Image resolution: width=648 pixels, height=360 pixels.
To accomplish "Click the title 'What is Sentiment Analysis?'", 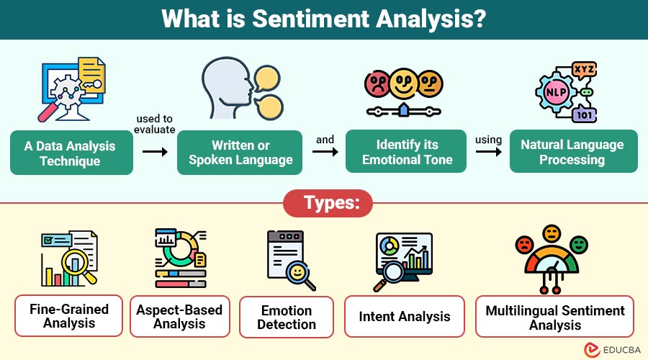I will (324, 19).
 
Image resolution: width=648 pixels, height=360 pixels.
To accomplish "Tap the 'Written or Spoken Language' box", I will (240, 153).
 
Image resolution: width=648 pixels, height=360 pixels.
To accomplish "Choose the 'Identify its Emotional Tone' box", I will (407, 153).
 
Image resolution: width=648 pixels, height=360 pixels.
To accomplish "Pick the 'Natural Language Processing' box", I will (573, 152).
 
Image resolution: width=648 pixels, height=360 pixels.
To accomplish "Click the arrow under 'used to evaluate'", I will (155, 153).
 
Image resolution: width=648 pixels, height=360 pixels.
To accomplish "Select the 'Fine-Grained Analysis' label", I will (69, 315).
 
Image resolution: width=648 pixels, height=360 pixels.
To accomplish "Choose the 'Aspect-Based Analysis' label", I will (179, 317).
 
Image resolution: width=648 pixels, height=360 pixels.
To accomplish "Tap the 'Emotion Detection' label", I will (287, 318).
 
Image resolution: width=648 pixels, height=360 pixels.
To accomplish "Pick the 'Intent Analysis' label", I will (404, 316).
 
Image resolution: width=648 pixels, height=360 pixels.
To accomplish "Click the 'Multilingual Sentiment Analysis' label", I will (554, 317).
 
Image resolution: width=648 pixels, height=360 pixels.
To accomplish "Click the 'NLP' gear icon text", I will (555, 93).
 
